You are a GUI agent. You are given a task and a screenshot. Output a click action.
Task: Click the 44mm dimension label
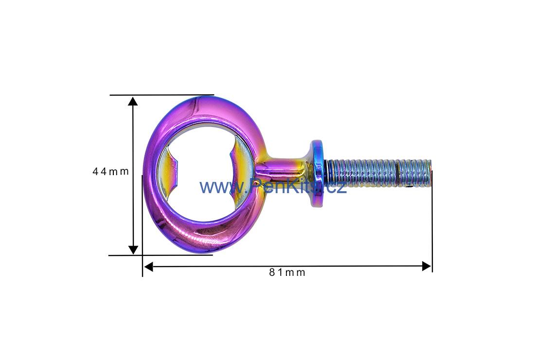pyautogui.click(x=110, y=171)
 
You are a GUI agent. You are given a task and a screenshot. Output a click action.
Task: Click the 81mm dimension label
pyautogui.click(x=287, y=272)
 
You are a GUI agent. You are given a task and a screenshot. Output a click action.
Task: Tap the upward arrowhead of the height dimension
pyautogui.click(x=133, y=101)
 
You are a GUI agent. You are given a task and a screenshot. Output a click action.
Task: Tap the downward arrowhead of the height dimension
pyautogui.click(x=133, y=250)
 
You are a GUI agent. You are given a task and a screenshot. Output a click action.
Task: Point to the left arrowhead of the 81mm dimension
pyautogui.click(x=148, y=266)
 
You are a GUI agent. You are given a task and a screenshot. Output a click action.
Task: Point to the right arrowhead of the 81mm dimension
pyautogui.click(x=427, y=266)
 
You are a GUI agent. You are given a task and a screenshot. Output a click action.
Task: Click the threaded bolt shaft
pyautogui.click(x=378, y=173)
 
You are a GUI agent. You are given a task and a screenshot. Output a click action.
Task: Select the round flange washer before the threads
pyautogui.click(x=317, y=174)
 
